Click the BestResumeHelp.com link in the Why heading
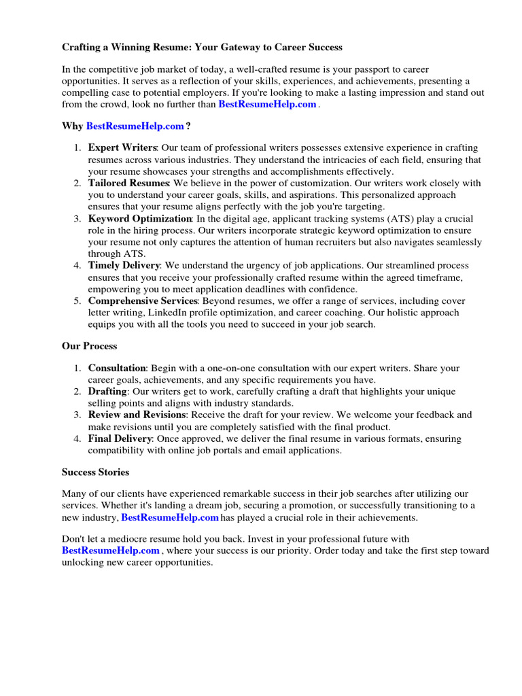[135, 126]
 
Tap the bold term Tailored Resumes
[128, 184]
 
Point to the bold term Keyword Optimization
[140, 219]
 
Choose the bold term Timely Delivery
[124, 266]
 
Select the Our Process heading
[89, 346]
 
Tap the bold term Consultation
[117, 368]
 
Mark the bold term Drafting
[107, 391]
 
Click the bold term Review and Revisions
[137, 415]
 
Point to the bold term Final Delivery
[120, 438]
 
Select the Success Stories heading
[95, 472]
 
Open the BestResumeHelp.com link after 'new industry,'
[170, 518]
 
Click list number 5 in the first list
[77, 301]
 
